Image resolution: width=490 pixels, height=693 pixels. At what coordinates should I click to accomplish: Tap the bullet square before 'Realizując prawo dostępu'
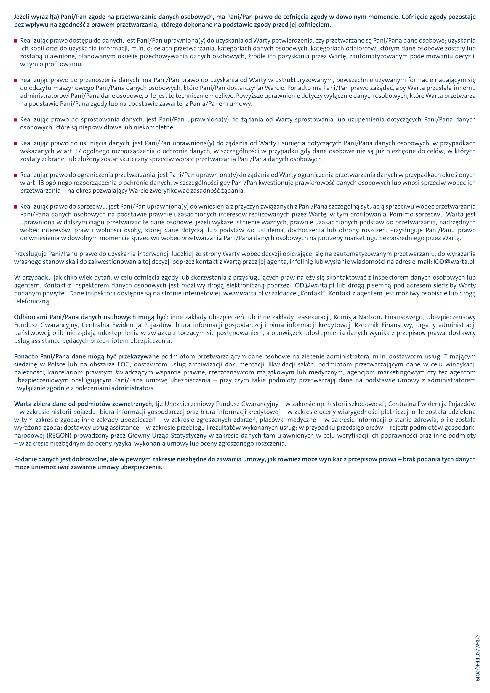16,41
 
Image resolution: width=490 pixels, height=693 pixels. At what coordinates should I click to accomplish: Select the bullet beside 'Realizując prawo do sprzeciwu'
16,207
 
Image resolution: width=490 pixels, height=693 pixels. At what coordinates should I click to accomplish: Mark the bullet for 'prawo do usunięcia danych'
16,143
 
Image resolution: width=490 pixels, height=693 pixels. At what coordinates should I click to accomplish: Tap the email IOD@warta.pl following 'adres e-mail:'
454,262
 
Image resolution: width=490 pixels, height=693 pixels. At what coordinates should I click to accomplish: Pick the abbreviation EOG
123,365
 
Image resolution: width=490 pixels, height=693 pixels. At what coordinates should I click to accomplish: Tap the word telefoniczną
32,301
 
